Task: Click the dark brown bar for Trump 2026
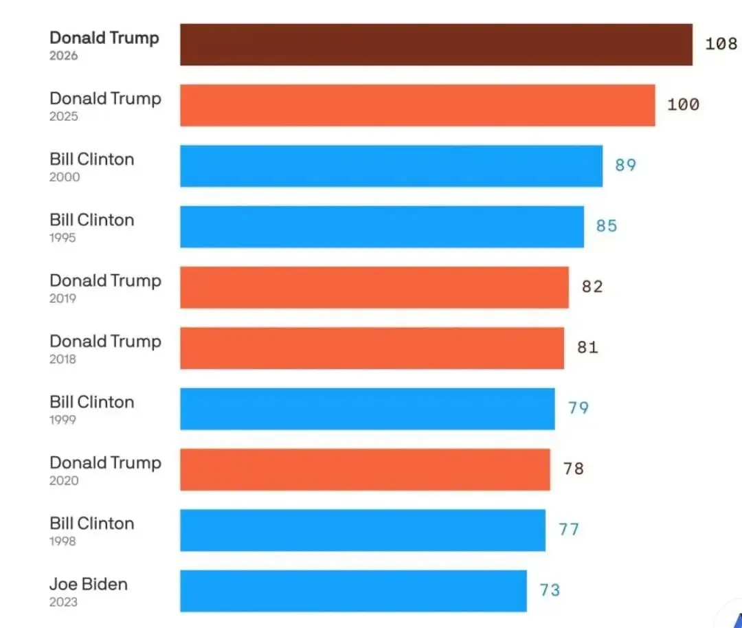tap(436, 45)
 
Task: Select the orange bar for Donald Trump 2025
tap(418, 105)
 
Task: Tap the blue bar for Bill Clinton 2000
tap(392, 166)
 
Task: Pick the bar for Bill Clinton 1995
tap(382, 227)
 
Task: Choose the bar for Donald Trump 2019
tap(374, 287)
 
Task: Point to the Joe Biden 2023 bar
tap(353, 590)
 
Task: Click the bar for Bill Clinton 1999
tap(368, 409)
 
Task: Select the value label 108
tap(721, 44)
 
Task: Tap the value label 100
tap(683, 104)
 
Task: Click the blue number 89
tap(625, 165)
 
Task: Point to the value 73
tap(550, 590)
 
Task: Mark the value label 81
tap(587, 348)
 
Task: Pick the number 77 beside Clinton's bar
tap(569, 529)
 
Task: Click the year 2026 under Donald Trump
tap(63, 56)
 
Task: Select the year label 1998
tap(63, 541)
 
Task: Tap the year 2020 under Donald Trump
tap(64, 481)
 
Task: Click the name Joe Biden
tap(89, 585)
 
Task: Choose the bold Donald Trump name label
tap(104, 38)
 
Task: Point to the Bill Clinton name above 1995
tap(92, 221)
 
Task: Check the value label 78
tap(573, 469)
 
